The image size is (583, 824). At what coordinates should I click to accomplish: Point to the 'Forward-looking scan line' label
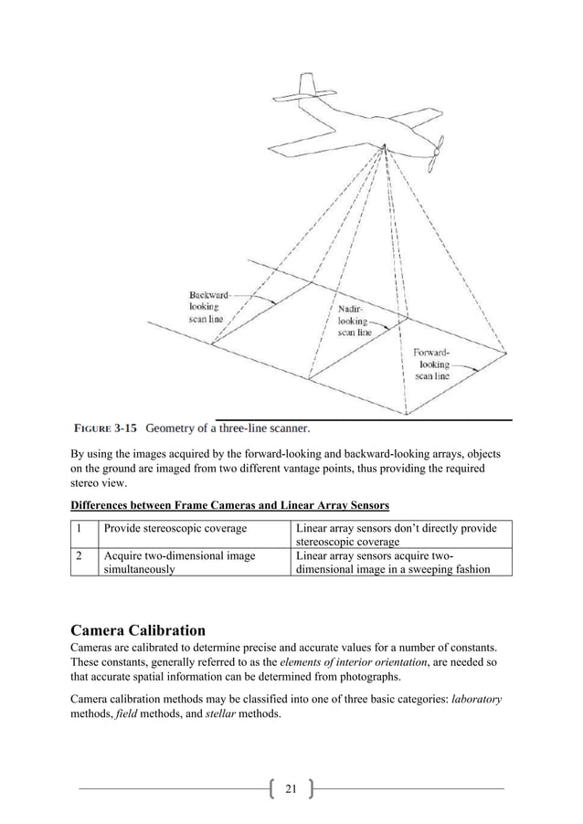click(x=432, y=364)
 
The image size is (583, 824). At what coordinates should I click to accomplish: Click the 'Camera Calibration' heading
click(x=137, y=629)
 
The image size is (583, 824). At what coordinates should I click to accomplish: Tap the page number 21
click(x=291, y=788)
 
